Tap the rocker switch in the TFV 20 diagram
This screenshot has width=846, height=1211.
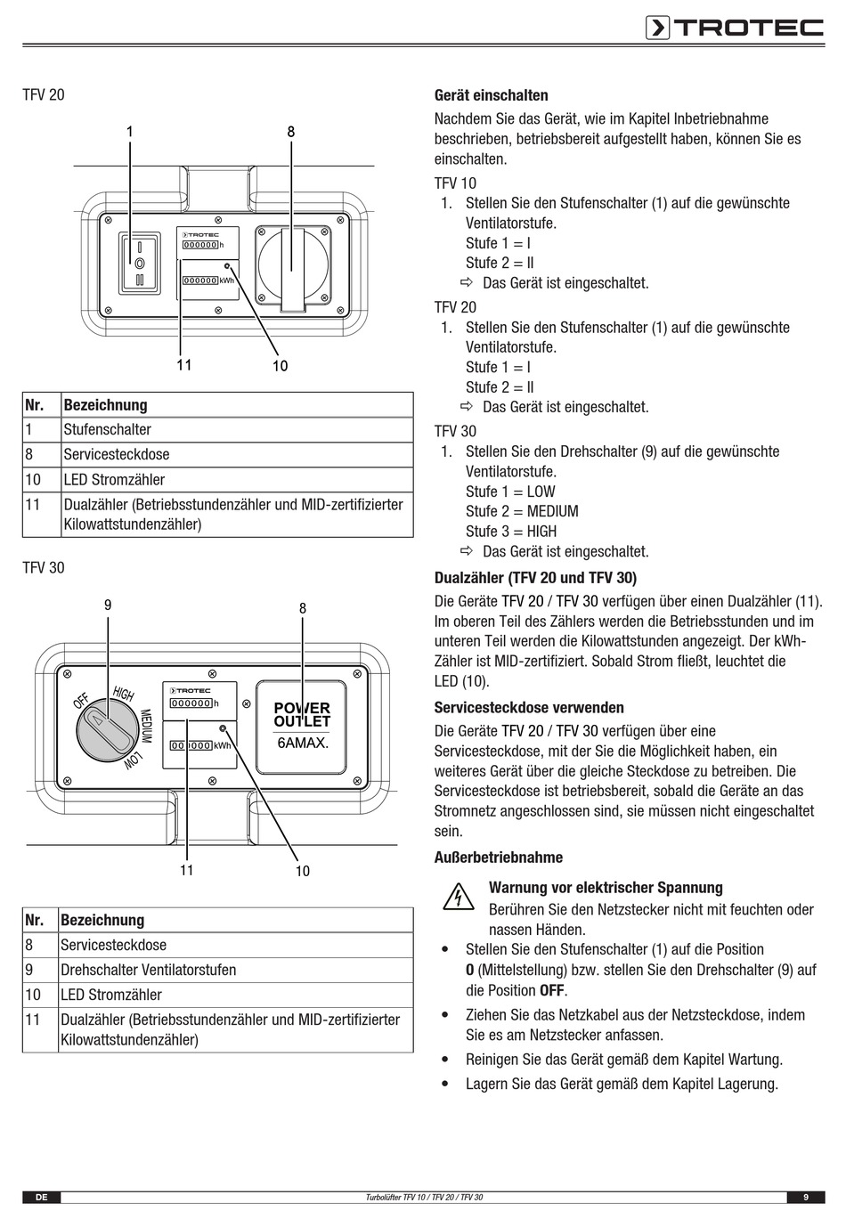139,263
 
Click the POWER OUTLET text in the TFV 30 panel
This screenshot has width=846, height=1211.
302,715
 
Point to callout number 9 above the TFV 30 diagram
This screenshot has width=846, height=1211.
108,605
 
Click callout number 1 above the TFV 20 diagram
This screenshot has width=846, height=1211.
130,132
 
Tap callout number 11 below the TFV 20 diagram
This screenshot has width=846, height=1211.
183,365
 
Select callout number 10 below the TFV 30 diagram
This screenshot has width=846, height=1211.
303,871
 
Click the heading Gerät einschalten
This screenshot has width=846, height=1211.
491,95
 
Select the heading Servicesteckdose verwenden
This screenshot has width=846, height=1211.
529,708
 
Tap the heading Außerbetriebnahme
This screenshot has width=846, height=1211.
498,857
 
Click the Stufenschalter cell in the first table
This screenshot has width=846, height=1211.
108,429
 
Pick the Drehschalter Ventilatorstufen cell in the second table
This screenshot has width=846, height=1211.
149,970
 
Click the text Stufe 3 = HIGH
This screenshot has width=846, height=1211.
511,532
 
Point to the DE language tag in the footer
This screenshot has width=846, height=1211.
41,1198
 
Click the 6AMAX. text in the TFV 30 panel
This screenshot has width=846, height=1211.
303,743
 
